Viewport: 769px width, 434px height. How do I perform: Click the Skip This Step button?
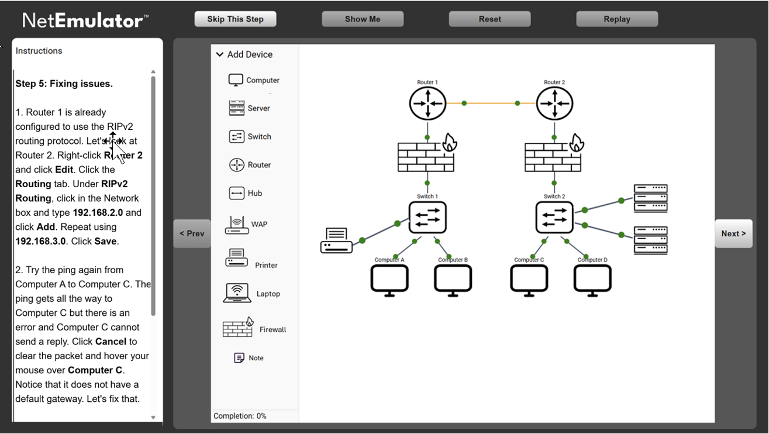pos(235,19)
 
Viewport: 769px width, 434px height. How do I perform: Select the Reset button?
pos(489,19)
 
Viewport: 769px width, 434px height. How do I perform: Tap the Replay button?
pos(616,19)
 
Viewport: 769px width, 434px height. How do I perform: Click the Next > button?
pos(733,233)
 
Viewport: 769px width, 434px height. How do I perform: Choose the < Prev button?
pos(192,233)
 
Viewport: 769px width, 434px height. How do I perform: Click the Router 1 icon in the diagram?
pos(427,104)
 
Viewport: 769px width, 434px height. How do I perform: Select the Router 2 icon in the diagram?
pos(554,104)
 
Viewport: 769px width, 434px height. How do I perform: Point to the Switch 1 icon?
pos(427,218)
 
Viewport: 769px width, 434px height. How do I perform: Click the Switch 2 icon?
pos(554,218)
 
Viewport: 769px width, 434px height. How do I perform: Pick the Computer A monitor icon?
pos(389,280)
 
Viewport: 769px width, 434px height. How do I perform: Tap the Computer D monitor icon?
pos(592,280)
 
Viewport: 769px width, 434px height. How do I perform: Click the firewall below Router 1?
pos(426,156)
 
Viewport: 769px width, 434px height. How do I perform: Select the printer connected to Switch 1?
pos(336,240)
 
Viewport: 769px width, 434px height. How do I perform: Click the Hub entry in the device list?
pos(246,193)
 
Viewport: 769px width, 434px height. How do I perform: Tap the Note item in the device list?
pos(249,358)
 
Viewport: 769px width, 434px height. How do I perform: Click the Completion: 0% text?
pos(240,416)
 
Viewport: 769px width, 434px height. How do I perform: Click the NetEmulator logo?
pos(85,21)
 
